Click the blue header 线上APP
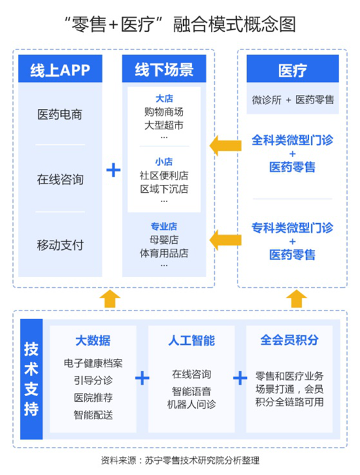(x=60, y=68)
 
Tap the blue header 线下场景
(x=164, y=68)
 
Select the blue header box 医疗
(x=293, y=68)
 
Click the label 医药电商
(x=60, y=115)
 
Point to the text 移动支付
(x=60, y=245)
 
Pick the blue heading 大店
(x=164, y=99)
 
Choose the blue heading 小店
(x=164, y=162)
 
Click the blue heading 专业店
(x=164, y=226)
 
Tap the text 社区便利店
(x=164, y=175)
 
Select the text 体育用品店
(x=164, y=253)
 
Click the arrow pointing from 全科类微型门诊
(x=226, y=146)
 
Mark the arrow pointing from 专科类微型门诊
(x=226, y=240)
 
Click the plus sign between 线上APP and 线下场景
(x=114, y=170)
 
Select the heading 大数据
(x=93, y=340)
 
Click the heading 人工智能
(x=192, y=340)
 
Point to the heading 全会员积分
(x=289, y=340)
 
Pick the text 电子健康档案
(x=93, y=363)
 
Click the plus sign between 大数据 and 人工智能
(x=142, y=378)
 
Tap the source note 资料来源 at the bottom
(x=180, y=461)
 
